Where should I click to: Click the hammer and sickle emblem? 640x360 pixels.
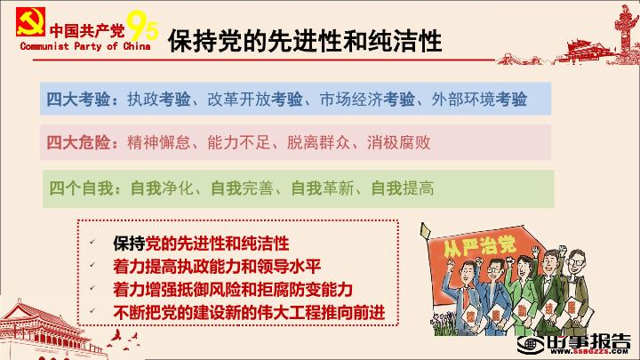click(x=30, y=21)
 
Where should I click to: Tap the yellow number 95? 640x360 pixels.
click(x=142, y=26)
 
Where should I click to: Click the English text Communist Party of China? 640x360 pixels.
click(x=85, y=46)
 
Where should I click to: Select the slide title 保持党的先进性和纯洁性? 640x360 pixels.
click(x=305, y=41)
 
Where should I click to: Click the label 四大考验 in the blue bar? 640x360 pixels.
click(x=78, y=100)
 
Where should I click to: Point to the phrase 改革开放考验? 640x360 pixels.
click(x=255, y=100)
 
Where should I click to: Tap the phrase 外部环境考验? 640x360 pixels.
click(x=479, y=100)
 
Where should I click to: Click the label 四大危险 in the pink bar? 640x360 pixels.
click(x=78, y=142)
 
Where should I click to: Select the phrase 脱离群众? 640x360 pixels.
click(x=319, y=142)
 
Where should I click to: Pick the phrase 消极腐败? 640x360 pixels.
click(x=399, y=142)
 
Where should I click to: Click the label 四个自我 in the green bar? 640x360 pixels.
click(x=81, y=188)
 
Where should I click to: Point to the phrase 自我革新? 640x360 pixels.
click(x=323, y=188)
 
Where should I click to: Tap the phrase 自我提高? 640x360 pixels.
click(x=403, y=188)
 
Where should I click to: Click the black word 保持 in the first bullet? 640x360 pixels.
click(x=129, y=244)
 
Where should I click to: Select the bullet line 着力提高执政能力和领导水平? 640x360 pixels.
click(x=217, y=267)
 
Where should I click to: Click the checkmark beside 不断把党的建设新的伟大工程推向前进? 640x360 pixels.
click(x=92, y=310)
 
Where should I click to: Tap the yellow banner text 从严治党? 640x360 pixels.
click(x=480, y=245)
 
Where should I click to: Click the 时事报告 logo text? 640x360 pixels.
click(x=588, y=341)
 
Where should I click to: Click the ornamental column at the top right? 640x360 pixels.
click(x=625, y=28)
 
